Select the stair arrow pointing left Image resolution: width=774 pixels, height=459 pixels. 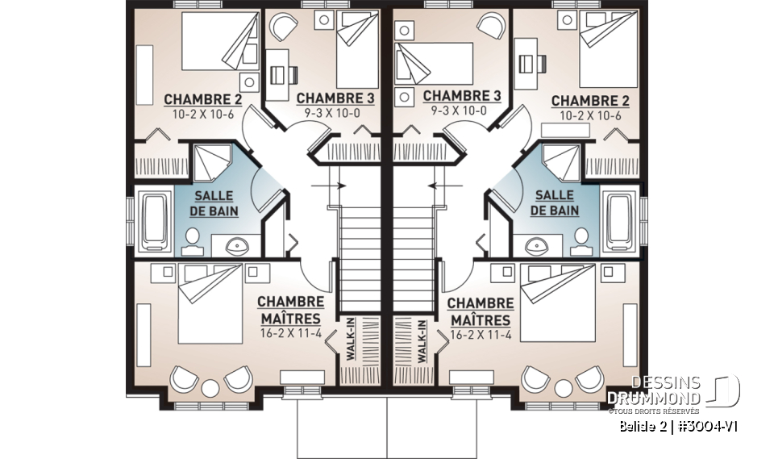440,185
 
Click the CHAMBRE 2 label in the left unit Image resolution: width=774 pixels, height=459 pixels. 192,100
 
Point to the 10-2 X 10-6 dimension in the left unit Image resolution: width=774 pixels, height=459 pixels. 192,115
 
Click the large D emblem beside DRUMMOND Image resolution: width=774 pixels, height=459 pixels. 726,390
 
